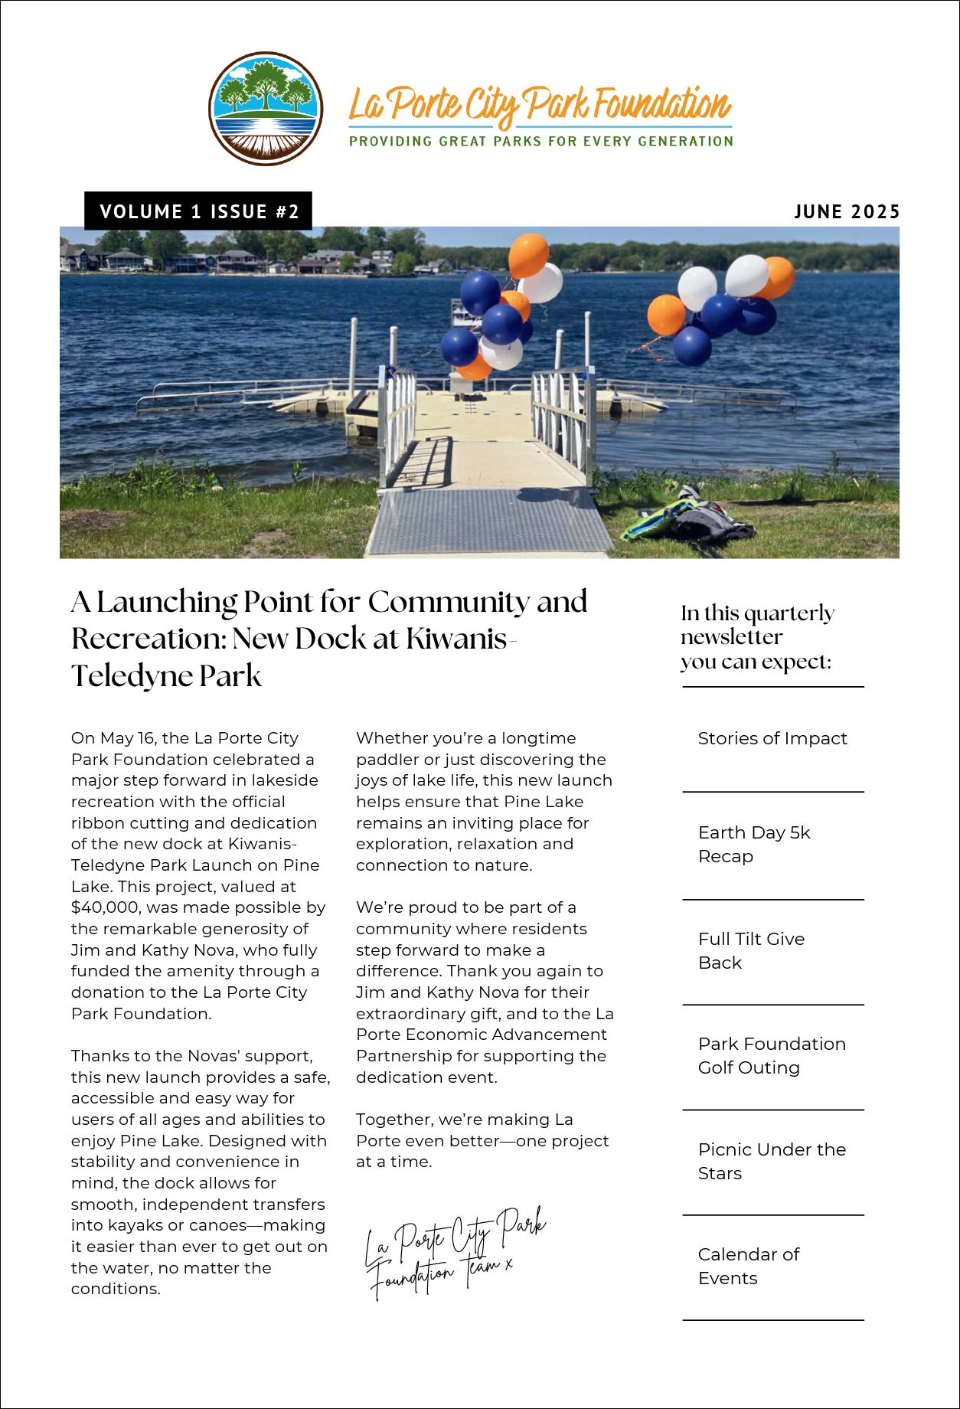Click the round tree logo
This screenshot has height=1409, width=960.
(x=265, y=109)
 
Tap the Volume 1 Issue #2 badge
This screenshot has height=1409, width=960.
(x=198, y=211)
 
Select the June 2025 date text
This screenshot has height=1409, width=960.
(x=847, y=212)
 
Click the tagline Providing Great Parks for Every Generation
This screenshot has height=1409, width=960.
(x=541, y=142)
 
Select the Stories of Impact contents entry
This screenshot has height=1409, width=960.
(x=772, y=739)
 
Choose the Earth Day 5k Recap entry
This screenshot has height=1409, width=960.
(x=753, y=844)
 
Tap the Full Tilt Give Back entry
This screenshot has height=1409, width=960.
(x=751, y=950)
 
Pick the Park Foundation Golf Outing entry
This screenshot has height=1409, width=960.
(x=771, y=1055)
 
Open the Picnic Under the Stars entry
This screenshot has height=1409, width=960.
(x=771, y=1161)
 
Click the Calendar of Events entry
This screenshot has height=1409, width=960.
(x=748, y=1266)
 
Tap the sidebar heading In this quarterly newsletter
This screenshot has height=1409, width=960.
(x=756, y=637)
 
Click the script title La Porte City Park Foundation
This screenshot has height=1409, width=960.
(x=540, y=105)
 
